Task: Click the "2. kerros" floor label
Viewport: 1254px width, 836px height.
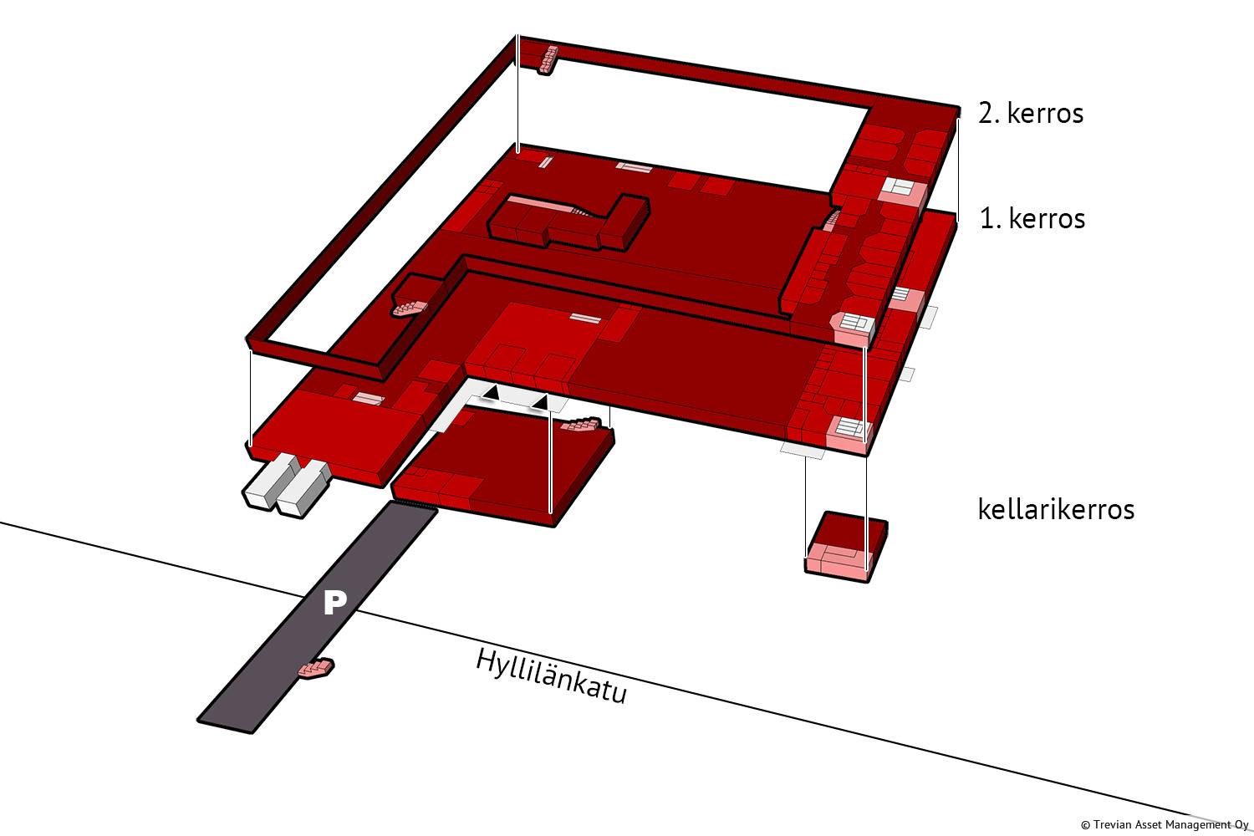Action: (1031, 113)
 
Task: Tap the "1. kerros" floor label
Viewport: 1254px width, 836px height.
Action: (1032, 218)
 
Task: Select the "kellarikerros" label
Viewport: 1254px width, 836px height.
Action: (1056, 509)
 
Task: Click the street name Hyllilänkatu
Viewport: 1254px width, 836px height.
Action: (551, 675)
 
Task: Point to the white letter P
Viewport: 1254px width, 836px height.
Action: (334, 602)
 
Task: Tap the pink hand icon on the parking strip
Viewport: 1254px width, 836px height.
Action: (317, 669)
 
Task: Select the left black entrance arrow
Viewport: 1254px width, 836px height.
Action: (492, 392)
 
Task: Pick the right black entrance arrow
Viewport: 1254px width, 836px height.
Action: (541, 403)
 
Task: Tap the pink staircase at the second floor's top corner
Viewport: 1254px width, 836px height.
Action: (549, 59)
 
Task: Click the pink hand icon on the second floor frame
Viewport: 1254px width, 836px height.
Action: (410, 308)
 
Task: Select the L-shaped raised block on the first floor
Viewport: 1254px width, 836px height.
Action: (568, 222)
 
